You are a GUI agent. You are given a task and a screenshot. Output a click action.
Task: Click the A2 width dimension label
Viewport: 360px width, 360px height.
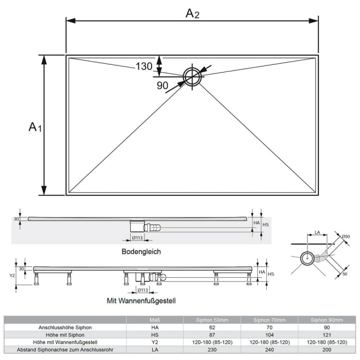click(x=192, y=13)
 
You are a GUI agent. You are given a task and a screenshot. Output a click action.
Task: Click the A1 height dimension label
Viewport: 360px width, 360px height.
click(x=34, y=126)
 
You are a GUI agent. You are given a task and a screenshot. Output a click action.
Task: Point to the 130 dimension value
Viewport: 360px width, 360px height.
click(x=144, y=66)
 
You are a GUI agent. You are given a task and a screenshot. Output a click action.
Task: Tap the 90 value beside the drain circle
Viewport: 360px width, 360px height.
click(x=163, y=85)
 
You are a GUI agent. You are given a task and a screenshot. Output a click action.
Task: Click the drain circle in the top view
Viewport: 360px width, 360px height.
click(x=192, y=77)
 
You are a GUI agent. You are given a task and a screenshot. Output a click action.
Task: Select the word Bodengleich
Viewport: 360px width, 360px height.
click(x=141, y=251)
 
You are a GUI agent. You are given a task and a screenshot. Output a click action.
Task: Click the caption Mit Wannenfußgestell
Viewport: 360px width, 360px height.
click(x=141, y=300)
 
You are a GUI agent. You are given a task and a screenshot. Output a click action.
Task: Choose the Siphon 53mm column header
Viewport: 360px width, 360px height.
click(x=212, y=320)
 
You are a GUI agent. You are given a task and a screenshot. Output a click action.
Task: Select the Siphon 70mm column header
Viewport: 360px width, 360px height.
click(x=269, y=320)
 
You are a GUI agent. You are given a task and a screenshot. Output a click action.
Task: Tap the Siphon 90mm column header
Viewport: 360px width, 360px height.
click(x=327, y=320)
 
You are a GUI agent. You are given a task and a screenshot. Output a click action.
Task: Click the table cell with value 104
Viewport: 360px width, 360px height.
click(x=269, y=334)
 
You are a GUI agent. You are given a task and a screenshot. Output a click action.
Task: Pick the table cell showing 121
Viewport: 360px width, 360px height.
click(x=327, y=334)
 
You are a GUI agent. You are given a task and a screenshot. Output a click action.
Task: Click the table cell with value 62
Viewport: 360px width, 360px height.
click(x=212, y=327)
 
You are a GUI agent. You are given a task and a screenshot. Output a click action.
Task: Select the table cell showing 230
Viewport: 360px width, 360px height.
click(x=212, y=349)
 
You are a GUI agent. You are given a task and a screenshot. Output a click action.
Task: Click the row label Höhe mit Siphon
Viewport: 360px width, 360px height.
click(x=65, y=334)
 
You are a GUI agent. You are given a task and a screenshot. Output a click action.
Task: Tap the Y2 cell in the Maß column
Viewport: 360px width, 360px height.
click(x=155, y=342)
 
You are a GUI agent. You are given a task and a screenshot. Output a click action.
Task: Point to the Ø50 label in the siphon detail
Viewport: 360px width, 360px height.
click(x=346, y=236)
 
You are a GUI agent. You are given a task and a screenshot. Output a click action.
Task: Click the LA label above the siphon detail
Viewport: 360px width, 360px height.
click(x=317, y=233)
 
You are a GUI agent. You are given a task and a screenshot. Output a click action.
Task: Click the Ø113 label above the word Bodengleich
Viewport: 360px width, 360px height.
click(x=137, y=238)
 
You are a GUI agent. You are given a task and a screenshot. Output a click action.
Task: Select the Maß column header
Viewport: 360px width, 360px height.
click(x=155, y=320)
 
